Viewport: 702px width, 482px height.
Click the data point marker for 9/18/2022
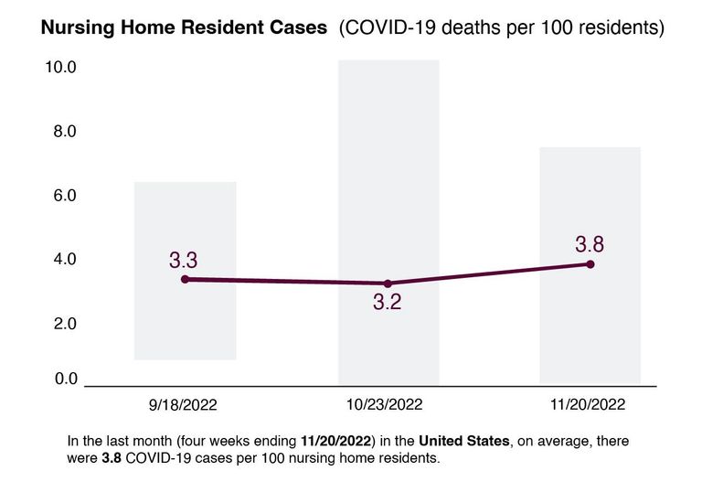[x=185, y=279]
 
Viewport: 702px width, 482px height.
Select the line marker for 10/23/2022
[x=388, y=284]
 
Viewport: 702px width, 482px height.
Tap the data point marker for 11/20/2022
[x=590, y=264]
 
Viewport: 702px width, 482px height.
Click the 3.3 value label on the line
[x=184, y=259]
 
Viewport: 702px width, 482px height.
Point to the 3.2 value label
[x=388, y=304]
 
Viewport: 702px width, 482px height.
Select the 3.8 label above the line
[x=590, y=244]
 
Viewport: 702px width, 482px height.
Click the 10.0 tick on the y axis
[x=59, y=68]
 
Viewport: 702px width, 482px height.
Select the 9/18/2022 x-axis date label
[x=185, y=404]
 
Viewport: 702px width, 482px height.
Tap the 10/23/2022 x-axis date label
[x=388, y=404]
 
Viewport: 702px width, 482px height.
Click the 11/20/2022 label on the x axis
[x=590, y=404]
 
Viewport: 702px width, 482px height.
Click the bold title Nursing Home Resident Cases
[x=184, y=28]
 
